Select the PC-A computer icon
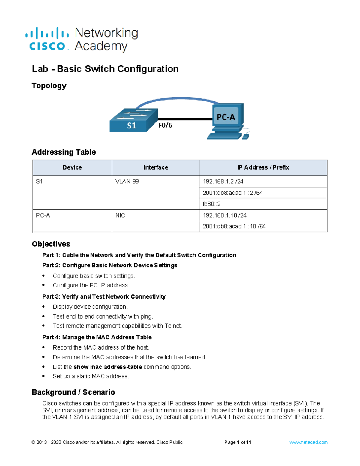pos(227,120)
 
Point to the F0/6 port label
pos(165,125)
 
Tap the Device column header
pos(72,167)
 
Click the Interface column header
pos(156,167)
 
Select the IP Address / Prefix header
pos(263,167)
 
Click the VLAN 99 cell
pos(127,182)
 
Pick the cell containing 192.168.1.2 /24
pos(223,182)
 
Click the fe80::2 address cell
pos(212,204)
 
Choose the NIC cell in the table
pos(120,215)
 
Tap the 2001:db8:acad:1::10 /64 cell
pos(234,227)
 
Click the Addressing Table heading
pos(64,152)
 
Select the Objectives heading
pos(51,244)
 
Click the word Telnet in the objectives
pos(173,326)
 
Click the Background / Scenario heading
pos(73,392)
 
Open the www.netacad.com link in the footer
pos(308,442)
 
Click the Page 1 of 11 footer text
pos(238,442)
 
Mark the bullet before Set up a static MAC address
pos(44,376)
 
